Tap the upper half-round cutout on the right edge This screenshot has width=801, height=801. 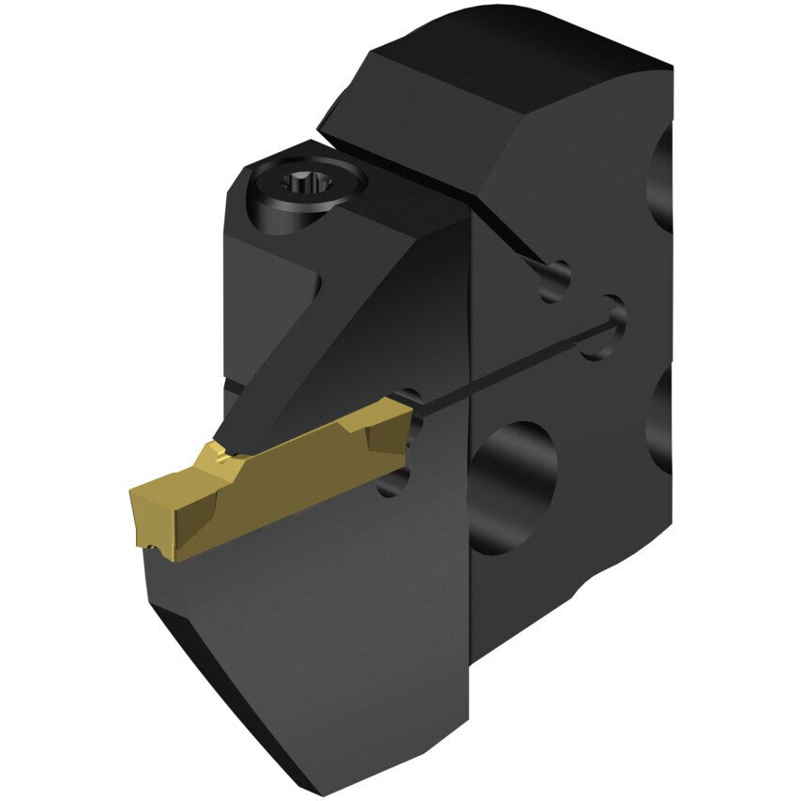click(x=660, y=178)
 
